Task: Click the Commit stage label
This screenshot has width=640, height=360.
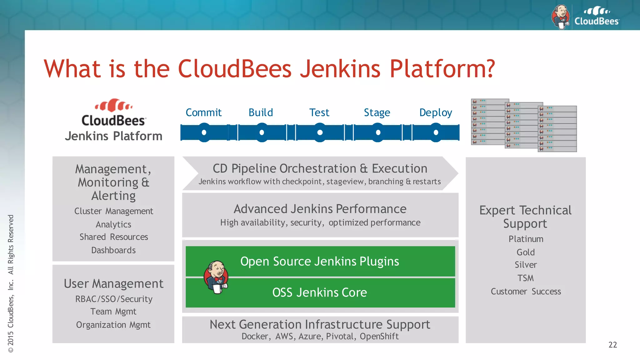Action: tap(203, 112)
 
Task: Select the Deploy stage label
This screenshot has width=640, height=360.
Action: tap(436, 112)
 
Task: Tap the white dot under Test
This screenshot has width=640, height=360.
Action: tap(320, 132)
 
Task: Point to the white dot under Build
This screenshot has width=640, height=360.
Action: tap(262, 132)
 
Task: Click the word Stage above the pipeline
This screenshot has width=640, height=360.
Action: tap(377, 112)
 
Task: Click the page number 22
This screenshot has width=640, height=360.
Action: tap(612, 345)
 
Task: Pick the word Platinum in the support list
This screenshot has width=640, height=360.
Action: tap(526, 239)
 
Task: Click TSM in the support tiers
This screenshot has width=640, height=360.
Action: tap(526, 278)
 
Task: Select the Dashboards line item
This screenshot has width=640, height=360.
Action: tap(113, 250)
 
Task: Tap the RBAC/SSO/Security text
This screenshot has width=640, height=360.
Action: tap(114, 299)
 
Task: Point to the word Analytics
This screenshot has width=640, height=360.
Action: tap(113, 224)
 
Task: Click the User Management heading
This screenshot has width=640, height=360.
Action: tap(113, 284)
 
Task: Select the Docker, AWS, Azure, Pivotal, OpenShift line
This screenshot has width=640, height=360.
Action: tap(320, 337)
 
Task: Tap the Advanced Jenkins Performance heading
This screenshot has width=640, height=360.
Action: tap(320, 209)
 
